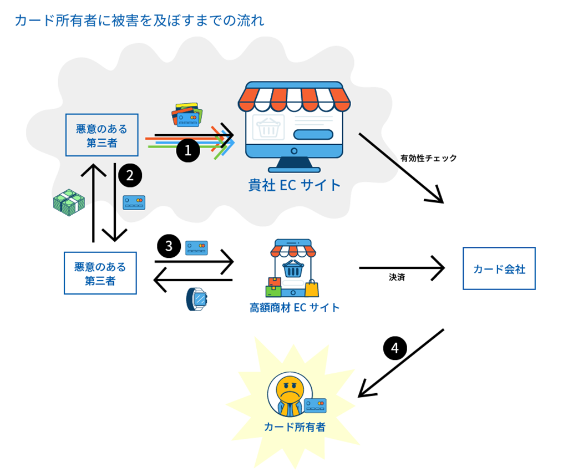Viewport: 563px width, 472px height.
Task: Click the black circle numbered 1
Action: pos(188,150)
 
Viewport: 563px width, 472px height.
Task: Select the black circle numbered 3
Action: pos(169,245)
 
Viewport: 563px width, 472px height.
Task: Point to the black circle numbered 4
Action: pos(395,348)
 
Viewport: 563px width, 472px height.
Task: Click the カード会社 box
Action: pos(499,269)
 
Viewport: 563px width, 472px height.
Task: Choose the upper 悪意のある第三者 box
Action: pos(102,136)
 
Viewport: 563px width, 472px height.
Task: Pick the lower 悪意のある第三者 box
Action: pos(100,273)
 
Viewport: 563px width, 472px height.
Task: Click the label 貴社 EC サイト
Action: pos(295,185)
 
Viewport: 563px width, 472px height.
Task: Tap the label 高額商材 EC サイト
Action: pos(295,307)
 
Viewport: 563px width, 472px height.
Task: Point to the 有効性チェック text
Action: pos(429,158)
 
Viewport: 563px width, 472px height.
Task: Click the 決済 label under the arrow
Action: pos(397,277)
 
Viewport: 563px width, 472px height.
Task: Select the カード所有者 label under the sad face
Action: pos(295,427)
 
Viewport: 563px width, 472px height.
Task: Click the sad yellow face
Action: pos(287,388)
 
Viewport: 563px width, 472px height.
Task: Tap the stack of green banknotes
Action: pos(69,202)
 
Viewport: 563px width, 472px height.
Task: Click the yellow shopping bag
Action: pos(312,287)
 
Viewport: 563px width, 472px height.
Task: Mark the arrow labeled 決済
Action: pos(402,268)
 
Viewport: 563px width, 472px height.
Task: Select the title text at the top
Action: pos(139,21)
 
